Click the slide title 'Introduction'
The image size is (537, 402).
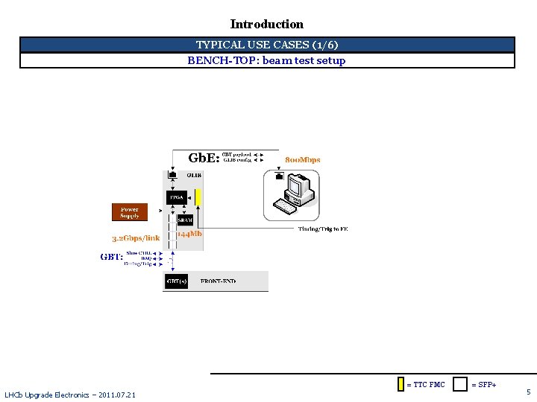267,25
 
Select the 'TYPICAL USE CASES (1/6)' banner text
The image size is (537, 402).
267,45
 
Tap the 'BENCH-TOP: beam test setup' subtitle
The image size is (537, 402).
266,60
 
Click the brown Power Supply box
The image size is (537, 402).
130,212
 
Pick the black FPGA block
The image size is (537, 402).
177,197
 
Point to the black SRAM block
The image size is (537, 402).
185,220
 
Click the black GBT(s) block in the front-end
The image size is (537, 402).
177,281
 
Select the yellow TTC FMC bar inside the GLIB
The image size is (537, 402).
199,197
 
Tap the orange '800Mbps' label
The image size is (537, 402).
303,160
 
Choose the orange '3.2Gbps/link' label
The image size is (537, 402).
136,238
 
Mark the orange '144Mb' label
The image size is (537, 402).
189,234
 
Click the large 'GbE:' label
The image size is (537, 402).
204,158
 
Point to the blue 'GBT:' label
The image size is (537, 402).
111,257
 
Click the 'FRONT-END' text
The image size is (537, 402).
218,281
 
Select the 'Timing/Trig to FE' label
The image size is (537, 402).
323,229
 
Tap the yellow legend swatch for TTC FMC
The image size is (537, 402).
401,384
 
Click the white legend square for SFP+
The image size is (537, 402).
461,384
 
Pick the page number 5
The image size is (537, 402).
528,392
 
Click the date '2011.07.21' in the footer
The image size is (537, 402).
116,395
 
